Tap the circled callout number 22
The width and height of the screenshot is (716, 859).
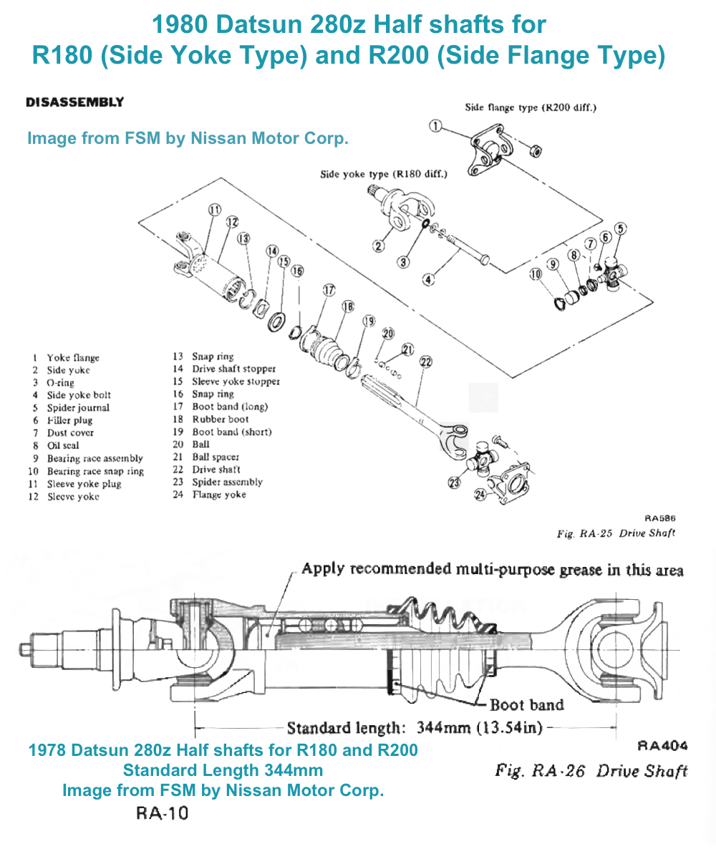pyautogui.click(x=425, y=362)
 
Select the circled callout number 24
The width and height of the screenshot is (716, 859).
pyautogui.click(x=479, y=495)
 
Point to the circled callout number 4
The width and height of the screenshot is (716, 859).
pyautogui.click(x=428, y=280)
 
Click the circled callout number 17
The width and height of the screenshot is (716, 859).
pyautogui.click(x=329, y=291)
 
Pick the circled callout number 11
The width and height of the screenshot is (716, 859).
pyautogui.click(x=215, y=210)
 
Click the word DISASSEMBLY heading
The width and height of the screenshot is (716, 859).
pyautogui.click(x=74, y=102)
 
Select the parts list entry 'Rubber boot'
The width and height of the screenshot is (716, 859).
pyautogui.click(x=220, y=419)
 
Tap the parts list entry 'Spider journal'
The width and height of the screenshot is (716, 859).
pyautogui.click(x=78, y=408)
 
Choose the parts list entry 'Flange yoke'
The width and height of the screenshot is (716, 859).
pyautogui.click(x=218, y=495)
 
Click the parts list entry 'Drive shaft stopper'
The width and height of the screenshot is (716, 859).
pyautogui.click(x=233, y=369)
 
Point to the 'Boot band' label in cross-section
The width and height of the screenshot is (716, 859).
pyautogui.click(x=527, y=705)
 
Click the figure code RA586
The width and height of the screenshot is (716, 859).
pyautogui.click(x=659, y=518)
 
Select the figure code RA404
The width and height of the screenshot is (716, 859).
pyautogui.click(x=662, y=745)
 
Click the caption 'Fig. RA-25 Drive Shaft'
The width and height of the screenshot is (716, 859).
pyautogui.click(x=616, y=533)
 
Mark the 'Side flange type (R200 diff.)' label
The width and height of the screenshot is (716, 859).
pyautogui.click(x=531, y=108)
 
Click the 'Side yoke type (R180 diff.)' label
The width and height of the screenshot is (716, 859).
pyautogui.click(x=384, y=174)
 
